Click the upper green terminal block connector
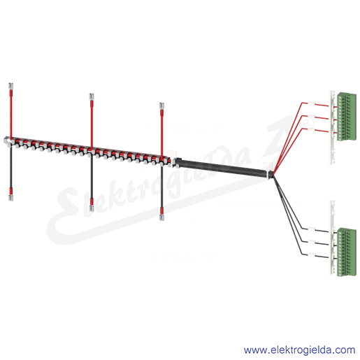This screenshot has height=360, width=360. (x=347, y=117)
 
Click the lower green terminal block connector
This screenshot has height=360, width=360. (x=347, y=252)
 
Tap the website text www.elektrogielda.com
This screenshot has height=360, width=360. (x=299, y=350)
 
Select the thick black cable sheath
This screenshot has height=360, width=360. (x=222, y=167)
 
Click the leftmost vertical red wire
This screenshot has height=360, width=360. (x=10, y=113)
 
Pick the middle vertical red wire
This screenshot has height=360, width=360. (x=92, y=124)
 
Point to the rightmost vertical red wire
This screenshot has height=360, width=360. (x=161, y=134)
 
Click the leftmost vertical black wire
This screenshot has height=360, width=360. (x=10, y=167)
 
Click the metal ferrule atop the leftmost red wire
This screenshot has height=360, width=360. (x=10, y=85)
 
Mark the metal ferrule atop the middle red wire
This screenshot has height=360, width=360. (x=92, y=96)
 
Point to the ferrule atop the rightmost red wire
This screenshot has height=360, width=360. (x=161, y=106)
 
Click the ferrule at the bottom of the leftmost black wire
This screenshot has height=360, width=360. (x=10, y=198)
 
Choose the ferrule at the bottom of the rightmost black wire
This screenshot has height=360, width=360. (x=161, y=217)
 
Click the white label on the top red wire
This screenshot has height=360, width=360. (x=311, y=103)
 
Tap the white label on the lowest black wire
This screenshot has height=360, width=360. (x=312, y=254)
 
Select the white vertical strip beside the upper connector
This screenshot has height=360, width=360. (x=332, y=127)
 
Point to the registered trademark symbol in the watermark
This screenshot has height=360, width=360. (x=308, y=122)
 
